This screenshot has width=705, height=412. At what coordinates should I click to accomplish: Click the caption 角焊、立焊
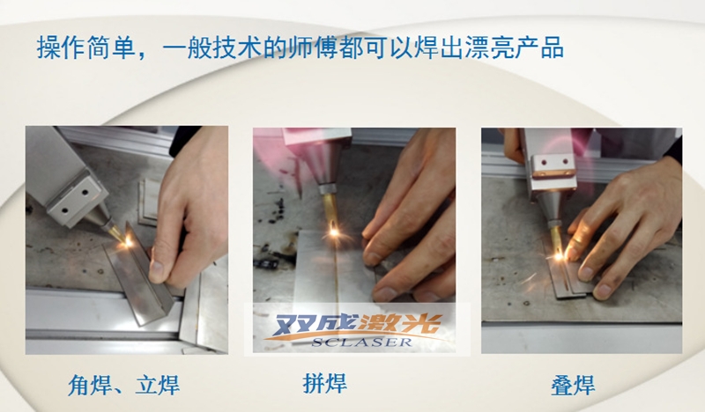pos(129,385)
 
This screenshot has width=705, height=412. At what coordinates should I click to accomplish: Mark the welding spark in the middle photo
pos(335,232)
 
